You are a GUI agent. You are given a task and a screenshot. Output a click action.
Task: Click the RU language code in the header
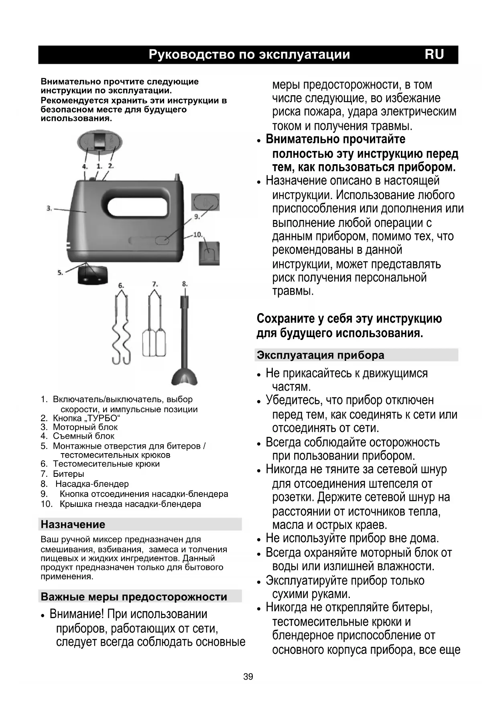pyautogui.click(x=434, y=55)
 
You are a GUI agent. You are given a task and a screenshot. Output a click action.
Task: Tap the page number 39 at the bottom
pyautogui.click(x=248, y=677)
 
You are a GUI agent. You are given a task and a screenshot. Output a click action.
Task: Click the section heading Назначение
pyautogui.click(x=73, y=524)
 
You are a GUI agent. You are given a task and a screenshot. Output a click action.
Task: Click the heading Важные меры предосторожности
pyautogui.click(x=134, y=596)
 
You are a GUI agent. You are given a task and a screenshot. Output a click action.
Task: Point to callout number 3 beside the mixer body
pyautogui.click(x=49, y=208)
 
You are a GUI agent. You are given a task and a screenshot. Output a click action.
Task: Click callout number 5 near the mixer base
pyautogui.click(x=60, y=273)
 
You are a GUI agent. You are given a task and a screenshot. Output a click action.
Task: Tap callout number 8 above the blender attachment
pyautogui.click(x=185, y=284)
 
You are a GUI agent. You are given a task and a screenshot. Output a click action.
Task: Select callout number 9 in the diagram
pyautogui.click(x=197, y=216)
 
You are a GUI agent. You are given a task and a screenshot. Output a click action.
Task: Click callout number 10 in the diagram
pyautogui.click(x=197, y=234)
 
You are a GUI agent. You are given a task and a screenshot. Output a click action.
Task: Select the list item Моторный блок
pyautogui.click(x=85, y=427)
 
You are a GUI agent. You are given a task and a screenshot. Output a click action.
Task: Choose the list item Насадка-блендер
pyautogui.click(x=92, y=484)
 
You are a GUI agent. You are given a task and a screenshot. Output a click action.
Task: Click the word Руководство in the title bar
pyautogui.click(x=191, y=55)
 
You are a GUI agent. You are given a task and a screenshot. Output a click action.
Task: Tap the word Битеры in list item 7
pyautogui.click(x=68, y=474)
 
